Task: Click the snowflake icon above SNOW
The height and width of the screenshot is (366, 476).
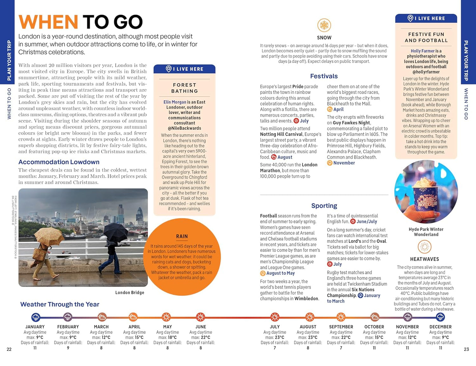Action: [324, 25]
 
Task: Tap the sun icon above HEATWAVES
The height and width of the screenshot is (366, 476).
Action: [424, 247]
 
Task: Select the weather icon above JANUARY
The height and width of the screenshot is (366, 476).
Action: [36, 317]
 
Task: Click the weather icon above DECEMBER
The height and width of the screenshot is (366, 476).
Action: [440, 317]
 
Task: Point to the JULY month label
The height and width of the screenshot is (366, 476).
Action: [275, 327]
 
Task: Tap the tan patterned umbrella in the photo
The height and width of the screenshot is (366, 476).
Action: [49, 236]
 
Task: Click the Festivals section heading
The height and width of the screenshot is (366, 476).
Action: [324, 76]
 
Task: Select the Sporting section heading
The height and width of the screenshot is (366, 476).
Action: [324, 206]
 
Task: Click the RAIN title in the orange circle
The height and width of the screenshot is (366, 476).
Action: [182, 236]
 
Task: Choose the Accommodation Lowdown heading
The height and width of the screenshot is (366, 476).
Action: [59, 162]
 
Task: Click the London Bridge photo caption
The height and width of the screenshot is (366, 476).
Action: [130, 293]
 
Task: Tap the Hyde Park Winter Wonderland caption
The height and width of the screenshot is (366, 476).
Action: [426, 232]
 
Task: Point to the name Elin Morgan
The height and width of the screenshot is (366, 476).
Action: [175, 102]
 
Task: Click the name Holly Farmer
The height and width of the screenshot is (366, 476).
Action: [423, 51]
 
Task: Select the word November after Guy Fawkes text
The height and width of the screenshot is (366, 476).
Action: [344, 163]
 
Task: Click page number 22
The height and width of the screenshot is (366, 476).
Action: [9, 349]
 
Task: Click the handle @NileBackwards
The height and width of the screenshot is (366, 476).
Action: [184, 128]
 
